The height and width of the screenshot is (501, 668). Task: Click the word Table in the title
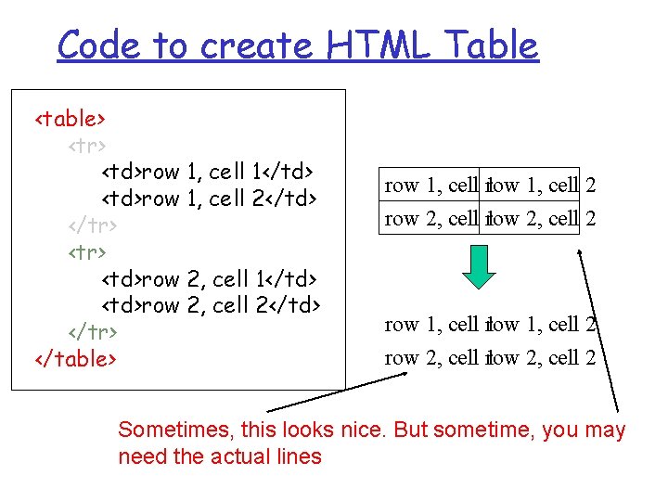[x=495, y=45]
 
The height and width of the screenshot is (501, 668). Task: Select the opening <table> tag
[x=71, y=119]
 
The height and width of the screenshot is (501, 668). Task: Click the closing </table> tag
[x=75, y=358]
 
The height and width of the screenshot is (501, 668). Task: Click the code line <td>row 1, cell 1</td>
[x=208, y=173]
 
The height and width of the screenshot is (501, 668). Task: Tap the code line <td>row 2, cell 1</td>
[x=210, y=278]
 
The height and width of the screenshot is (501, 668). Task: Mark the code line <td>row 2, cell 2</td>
[x=211, y=305]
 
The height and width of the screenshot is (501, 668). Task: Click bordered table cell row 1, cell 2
[x=531, y=186]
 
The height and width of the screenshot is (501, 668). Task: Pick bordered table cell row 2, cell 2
[x=531, y=219]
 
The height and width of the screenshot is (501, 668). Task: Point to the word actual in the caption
[x=242, y=456]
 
